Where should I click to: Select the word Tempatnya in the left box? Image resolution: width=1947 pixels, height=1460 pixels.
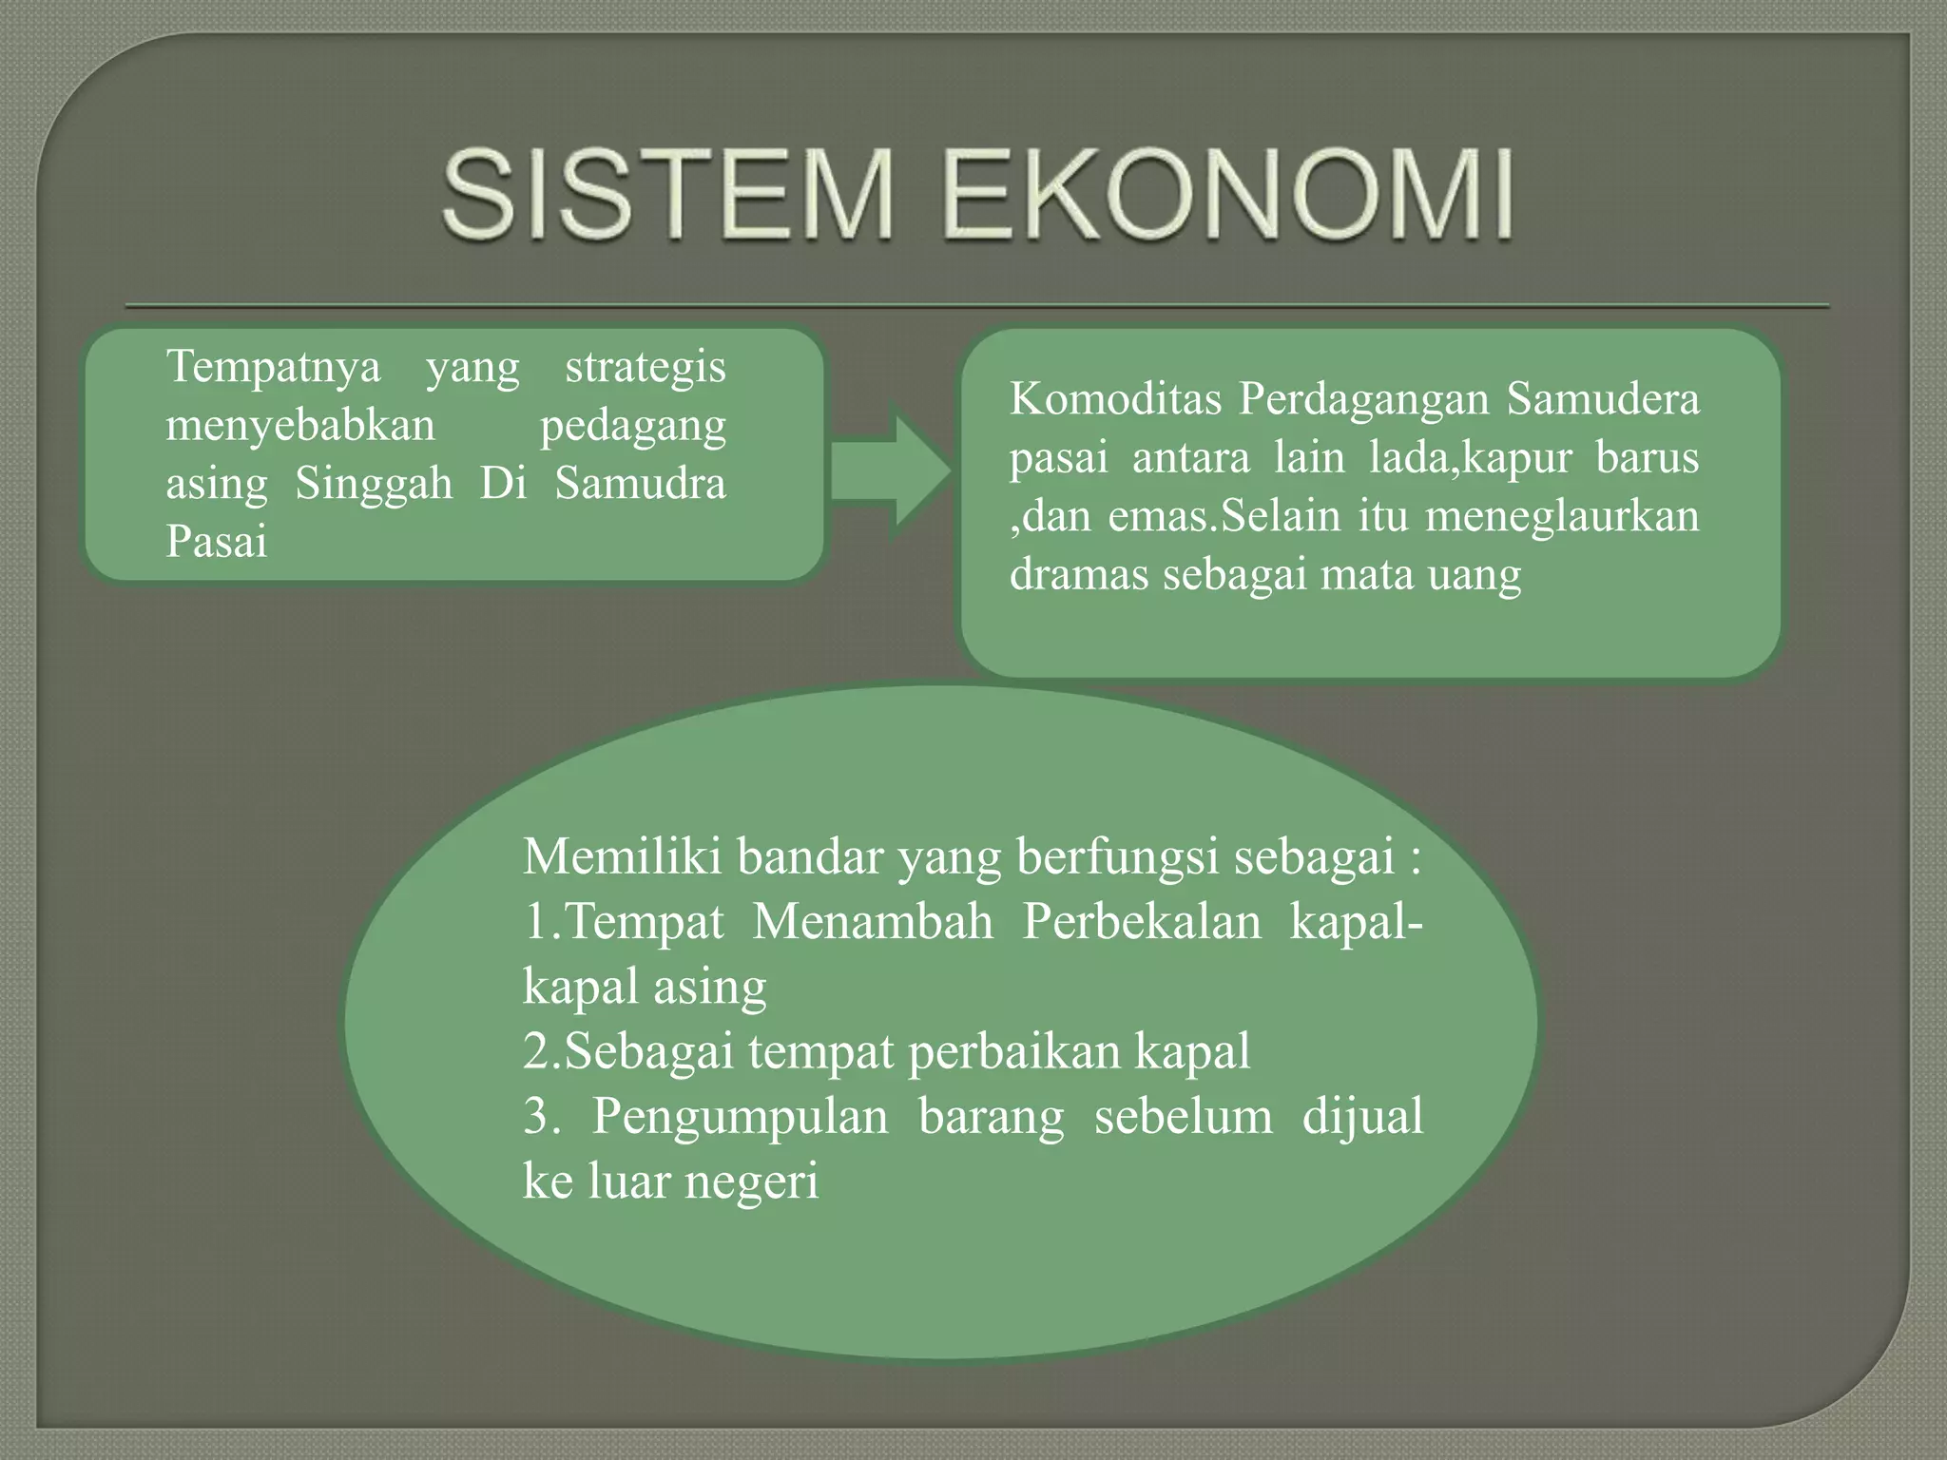click(274, 367)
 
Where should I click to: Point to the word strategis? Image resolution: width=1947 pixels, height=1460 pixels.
click(645, 367)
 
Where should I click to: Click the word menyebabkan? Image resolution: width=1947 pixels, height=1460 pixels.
click(300, 425)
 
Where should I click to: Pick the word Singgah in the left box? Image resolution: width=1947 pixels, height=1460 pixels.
click(374, 483)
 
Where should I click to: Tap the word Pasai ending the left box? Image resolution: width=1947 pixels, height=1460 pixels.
click(217, 542)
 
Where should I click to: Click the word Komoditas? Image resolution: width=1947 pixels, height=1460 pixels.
click(1115, 398)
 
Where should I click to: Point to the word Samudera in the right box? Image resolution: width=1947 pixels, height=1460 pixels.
click(1603, 398)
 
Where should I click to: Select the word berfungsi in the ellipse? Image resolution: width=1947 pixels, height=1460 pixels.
click(1117, 857)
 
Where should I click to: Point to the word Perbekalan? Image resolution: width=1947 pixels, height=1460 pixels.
click(1141, 922)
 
